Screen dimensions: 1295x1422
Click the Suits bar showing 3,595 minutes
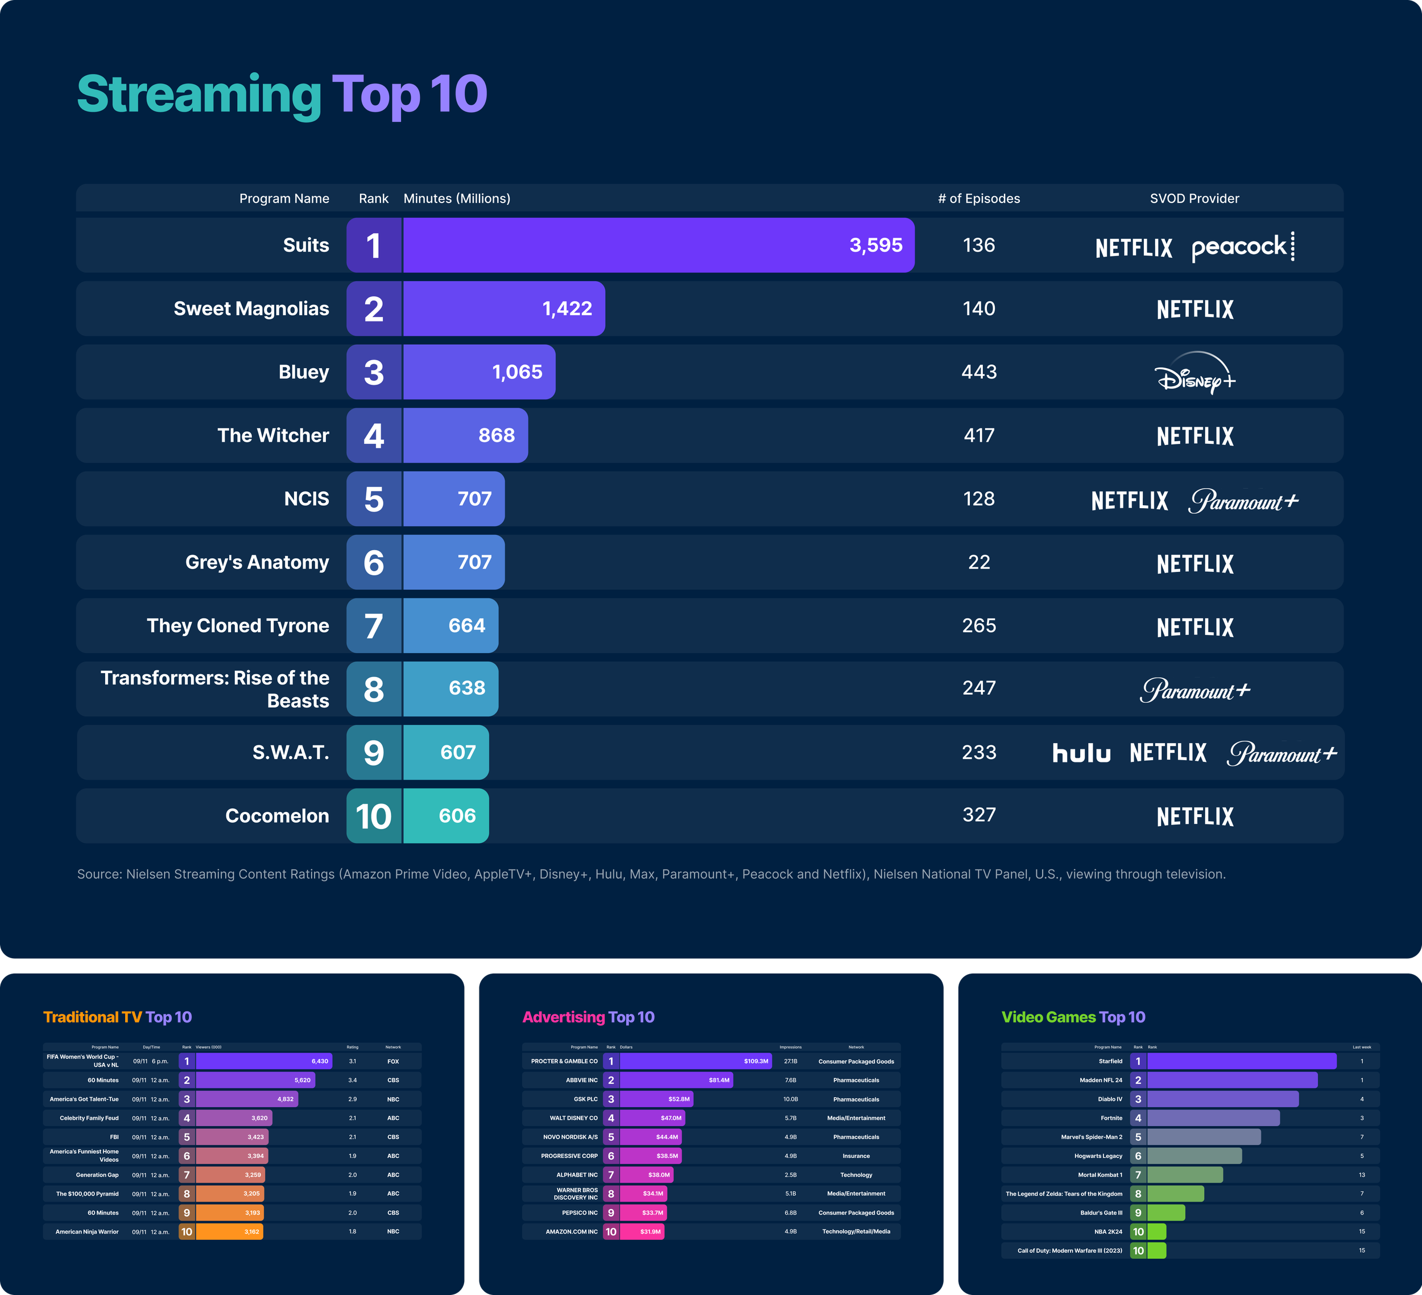(658, 245)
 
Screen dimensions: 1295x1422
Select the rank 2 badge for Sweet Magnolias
(374, 309)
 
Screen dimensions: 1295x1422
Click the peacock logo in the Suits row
(1242, 247)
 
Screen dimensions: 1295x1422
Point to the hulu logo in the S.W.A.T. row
(1081, 753)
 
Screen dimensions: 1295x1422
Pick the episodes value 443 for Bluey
(979, 372)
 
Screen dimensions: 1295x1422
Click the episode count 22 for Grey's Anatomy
(979, 563)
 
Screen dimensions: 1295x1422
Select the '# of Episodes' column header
(979, 199)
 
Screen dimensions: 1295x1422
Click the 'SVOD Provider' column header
(1194, 199)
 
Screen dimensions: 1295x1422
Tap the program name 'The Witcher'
(273, 435)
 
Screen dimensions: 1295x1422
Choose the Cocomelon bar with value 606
(446, 816)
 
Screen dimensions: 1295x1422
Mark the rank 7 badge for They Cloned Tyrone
(374, 626)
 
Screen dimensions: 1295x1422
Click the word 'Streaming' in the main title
(199, 94)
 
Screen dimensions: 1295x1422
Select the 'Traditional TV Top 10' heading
(118, 1017)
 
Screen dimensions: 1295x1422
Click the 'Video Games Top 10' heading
(1073, 1017)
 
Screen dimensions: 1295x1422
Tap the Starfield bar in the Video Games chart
(1242, 1061)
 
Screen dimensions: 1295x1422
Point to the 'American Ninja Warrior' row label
(87, 1231)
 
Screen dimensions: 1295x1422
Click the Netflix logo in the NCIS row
(1129, 500)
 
